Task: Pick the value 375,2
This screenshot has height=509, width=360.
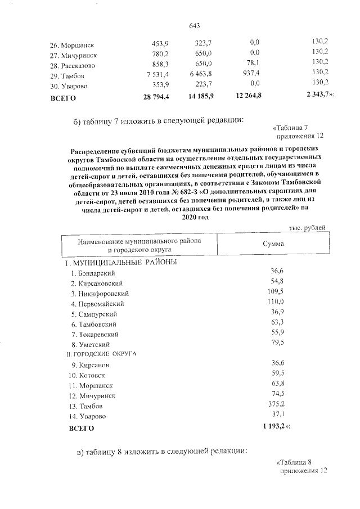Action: [x=276, y=405]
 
